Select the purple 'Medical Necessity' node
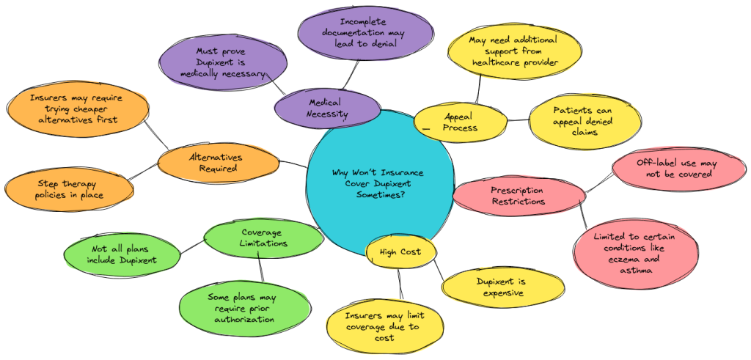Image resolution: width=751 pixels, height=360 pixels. [328, 109]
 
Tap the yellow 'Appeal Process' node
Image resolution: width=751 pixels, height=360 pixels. [460, 122]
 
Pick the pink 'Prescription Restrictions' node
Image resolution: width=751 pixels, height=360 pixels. [518, 196]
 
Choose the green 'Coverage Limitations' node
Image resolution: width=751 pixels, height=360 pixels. [263, 238]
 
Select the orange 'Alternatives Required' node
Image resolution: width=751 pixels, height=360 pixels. [217, 163]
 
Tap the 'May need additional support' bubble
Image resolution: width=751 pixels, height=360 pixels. [515, 51]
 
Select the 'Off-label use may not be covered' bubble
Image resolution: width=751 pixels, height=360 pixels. [665, 169]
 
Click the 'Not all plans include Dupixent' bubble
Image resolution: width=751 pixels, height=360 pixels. [122, 254]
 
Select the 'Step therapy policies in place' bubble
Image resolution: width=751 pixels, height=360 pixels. [69, 189]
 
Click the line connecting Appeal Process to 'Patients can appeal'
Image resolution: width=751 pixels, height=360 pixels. [518, 120]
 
